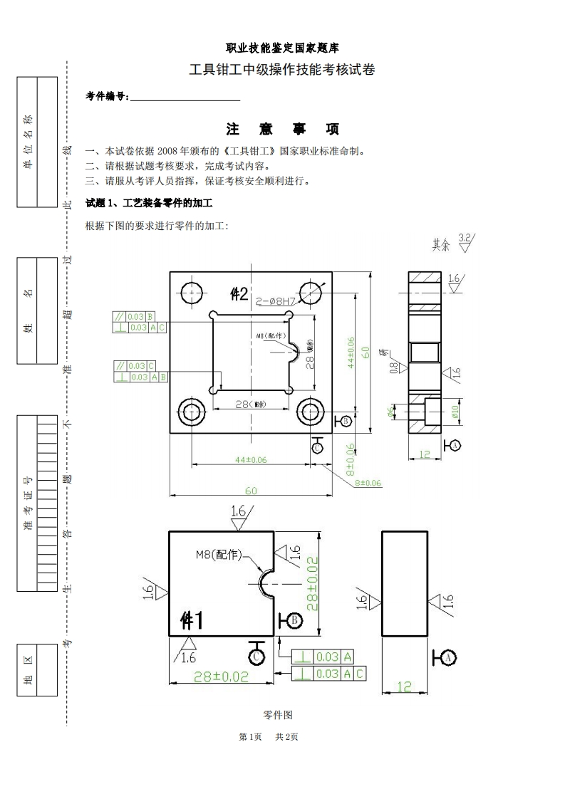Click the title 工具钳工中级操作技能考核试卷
coord(282,70)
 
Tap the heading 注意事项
coord(282,129)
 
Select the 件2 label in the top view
coord(239,293)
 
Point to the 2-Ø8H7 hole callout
coord(274,302)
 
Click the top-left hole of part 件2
coord(192,293)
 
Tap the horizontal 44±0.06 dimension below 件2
coord(251,460)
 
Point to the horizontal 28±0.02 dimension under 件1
coord(222,677)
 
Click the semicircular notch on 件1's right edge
coord(268,583)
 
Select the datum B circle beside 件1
coord(294,620)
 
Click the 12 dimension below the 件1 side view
coord(404,686)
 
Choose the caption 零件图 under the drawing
coord(278,714)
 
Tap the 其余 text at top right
coord(441,244)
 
